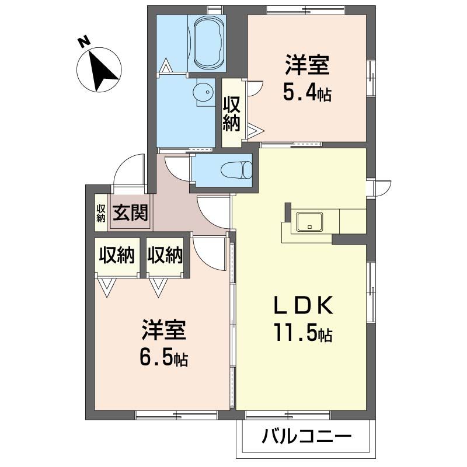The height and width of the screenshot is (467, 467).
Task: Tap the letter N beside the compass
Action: (83, 42)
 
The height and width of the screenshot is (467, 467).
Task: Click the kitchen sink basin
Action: (309, 222)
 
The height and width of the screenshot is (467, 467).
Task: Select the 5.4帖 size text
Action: (308, 92)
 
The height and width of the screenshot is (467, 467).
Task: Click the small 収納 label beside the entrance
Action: (101, 213)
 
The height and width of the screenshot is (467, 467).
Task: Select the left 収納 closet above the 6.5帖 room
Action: (117, 255)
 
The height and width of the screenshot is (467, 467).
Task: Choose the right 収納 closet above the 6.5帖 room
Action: (165, 255)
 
